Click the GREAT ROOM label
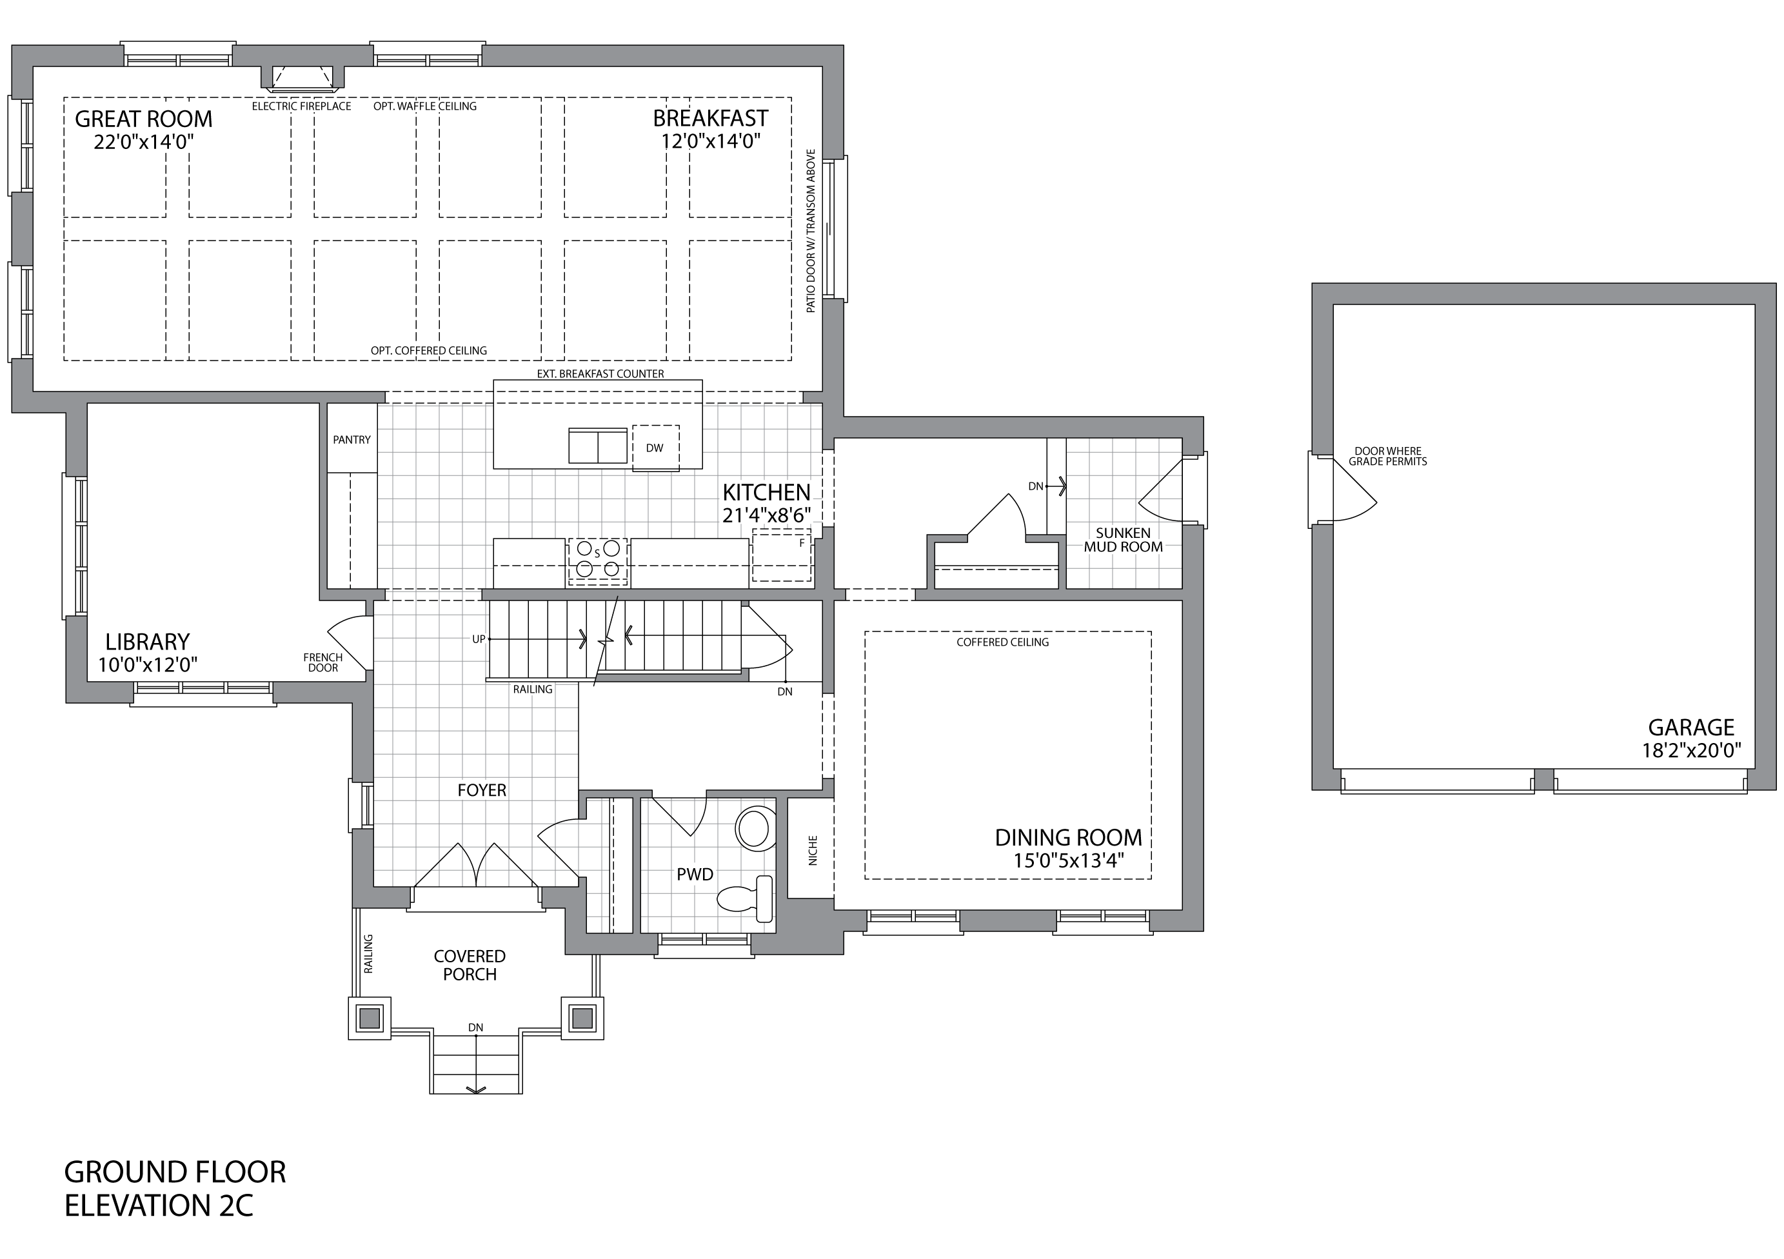(x=143, y=119)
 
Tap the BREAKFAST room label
(x=710, y=119)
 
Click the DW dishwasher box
(x=655, y=448)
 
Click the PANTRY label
(x=352, y=440)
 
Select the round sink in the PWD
(x=754, y=828)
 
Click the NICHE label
(x=813, y=851)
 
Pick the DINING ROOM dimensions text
(x=1068, y=861)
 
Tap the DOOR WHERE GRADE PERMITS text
(x=1388, y=456)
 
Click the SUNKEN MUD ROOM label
(x=1124, y=540)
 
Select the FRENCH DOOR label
(x=323, y=663)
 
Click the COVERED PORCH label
(x=470, y=966)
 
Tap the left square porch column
(x=370, y=1017)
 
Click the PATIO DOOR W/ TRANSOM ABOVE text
(x=811, y=231)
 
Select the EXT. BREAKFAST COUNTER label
(x=600, y=374)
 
